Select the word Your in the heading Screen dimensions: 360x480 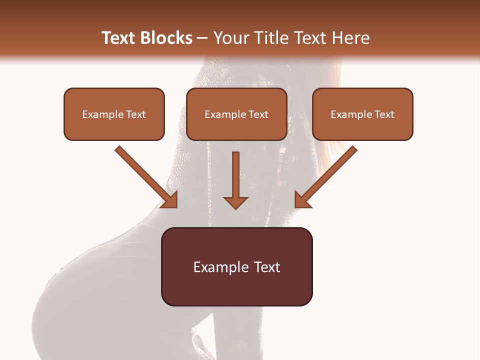(x=229, y=38)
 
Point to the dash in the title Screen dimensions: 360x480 (x=202, y=38)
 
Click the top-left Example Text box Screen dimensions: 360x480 (x=114, y=114)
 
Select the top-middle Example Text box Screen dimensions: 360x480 (x=236, y=114)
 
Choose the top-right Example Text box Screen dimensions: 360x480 (x=362, y=114)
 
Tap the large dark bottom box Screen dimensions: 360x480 (x=236, y=266)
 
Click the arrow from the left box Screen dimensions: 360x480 (x=145, y=175)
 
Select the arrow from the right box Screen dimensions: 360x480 (x=327, y=175)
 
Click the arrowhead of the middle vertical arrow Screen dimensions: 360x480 (x=235, y=202)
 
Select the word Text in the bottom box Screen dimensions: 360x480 (x=267, y=267)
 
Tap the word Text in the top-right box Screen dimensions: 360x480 (x=384, y=114)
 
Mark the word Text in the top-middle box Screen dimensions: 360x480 (x=258, y=114)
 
